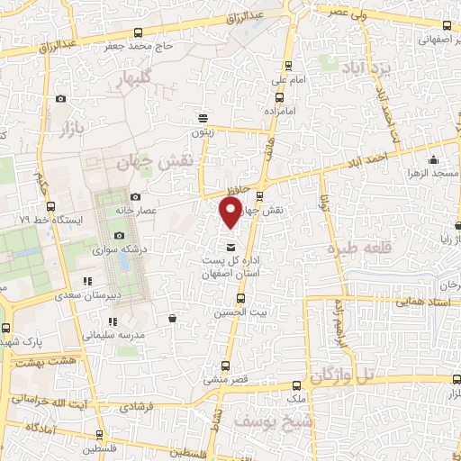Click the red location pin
coord(230,212)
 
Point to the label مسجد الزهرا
coord(432,171)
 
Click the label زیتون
coord(202,132)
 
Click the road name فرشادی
coord(138,407)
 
